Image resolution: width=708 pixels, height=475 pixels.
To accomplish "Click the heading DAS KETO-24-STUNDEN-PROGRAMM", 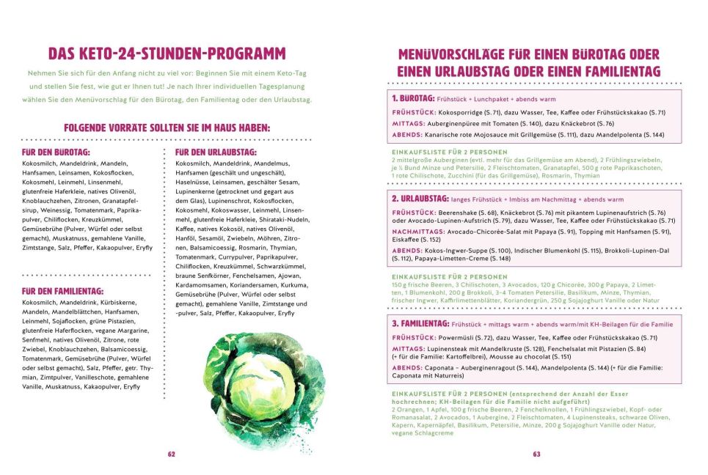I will coord(167,54).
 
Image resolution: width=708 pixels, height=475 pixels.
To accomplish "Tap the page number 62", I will coord(172,454).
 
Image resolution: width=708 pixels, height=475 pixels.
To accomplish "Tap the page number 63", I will coord(536,454).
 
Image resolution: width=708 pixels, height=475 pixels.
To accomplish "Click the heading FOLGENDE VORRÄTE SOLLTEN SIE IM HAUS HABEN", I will coord(167,128).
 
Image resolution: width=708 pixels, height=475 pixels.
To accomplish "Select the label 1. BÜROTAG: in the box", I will coord(412,97).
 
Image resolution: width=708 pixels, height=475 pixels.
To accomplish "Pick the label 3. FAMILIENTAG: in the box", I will coord(420,323).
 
